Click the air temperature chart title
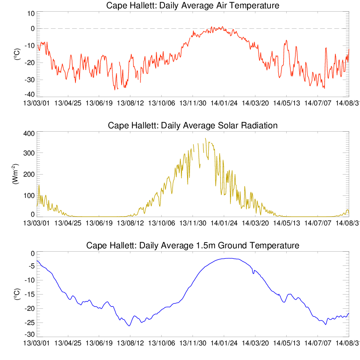tap(192, 5)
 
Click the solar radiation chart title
tap(192, 125)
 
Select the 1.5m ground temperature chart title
tap(192, 245)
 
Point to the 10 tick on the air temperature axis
tap(31, 14)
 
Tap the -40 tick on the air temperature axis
tap(30, 94)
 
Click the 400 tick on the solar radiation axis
tap(29, 134)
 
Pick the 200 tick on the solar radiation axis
tap(29, 174)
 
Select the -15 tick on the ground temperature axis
tap(30, 294)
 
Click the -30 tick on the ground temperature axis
tap(30, 334)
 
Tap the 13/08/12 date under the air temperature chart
tap(130, 103)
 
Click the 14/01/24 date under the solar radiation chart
tap(224, 223)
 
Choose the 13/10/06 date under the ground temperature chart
tap(161, 343)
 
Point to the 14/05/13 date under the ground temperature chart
tap(286, 343)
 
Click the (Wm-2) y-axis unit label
tap(15, 174)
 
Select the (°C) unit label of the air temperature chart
tap(17, 54)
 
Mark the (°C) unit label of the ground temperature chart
tap(17, 294)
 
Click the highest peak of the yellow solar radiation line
tap(205, 138)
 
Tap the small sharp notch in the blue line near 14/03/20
tap(253, 273)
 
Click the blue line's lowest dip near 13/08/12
tap(130, 326)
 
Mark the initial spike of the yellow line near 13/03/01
tap(39, 185)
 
